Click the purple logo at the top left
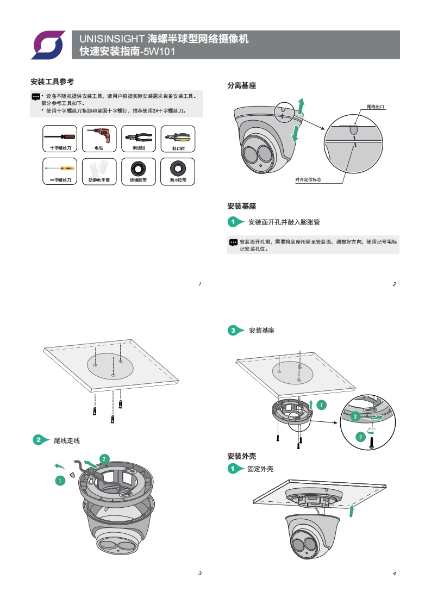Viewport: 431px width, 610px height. pos(48,45)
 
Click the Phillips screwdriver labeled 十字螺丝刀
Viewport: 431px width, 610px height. pos(60,135)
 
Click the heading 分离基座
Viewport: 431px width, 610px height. pos(241,85)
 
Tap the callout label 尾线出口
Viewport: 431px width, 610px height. pos(376,107)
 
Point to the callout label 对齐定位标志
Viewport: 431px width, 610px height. pos(308,179)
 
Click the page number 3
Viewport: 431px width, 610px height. pos(199,573)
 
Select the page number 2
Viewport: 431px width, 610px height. pos(394,284)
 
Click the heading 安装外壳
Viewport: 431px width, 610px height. pos(241,456)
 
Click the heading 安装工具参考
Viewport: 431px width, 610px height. pos(52,82)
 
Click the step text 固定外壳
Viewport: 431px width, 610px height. pos(260,469)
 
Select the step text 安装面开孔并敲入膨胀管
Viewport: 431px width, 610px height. pos(284,222)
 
